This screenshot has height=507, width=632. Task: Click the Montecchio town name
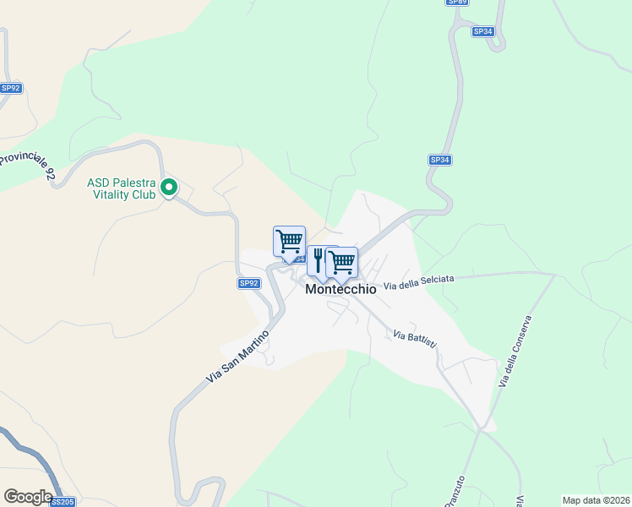(x=341, y=289)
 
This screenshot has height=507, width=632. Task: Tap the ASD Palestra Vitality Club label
(x=122, y=188)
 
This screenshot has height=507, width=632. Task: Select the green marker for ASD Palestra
(x=169, y=187)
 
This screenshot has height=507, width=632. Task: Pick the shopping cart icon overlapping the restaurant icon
(x=342, y=262)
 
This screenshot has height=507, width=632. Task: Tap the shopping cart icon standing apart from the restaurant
(x=289, y=242)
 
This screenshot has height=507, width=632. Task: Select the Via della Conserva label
(x=516, y=352)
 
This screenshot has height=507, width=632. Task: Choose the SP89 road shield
(x=457, y=3)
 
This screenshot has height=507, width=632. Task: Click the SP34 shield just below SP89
(x=482, y=31)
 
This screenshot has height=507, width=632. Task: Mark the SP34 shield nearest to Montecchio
(x=439, y=160)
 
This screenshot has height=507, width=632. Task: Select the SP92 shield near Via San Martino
(x=248, y=283)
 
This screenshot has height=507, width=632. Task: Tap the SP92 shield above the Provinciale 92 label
(x=11, y=87)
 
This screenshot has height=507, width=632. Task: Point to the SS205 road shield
(x=63, y=502)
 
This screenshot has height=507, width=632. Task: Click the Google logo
(x=28, y=496)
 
